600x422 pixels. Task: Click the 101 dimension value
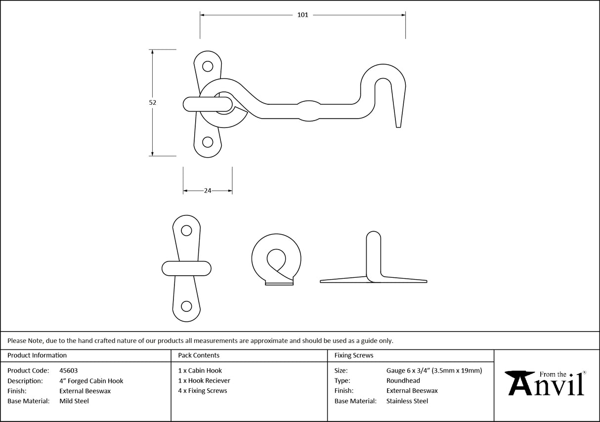point(302,15)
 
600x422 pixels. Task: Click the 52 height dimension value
point(152,103)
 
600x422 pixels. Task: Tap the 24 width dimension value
point(208,191)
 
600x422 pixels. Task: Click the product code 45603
point(68,371)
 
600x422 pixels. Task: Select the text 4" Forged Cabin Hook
point(91,381)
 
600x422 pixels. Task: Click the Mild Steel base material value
point(74,401)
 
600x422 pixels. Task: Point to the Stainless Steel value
point(407,401)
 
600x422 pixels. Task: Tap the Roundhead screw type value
point(403,381)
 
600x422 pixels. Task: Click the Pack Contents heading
point(199,355)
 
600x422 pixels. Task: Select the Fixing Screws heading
point(354,355)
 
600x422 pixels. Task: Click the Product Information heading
point(37,355)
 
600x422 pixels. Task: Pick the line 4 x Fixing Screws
point(203,391)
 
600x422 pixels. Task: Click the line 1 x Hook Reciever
point(204,381)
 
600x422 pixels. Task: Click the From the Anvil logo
point(546,383)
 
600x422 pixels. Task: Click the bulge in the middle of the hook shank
point(308,110)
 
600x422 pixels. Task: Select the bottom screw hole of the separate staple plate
point(186,306)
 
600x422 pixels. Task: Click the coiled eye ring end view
point(276,258)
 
